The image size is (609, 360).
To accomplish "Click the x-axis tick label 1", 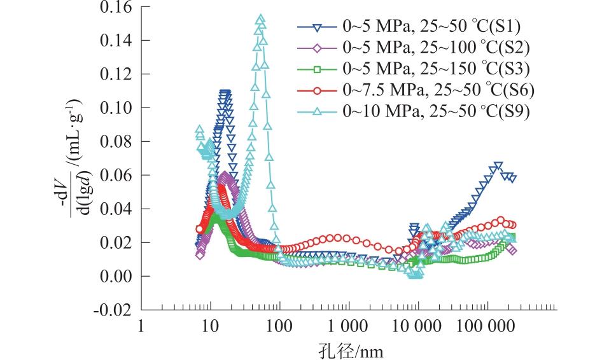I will pyautogui.click(x=141, y=327).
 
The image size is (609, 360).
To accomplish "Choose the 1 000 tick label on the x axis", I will pyautogui.click(x=349, y=327).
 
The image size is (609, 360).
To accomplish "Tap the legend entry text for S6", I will pyautogui.click(x=438, y=90).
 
